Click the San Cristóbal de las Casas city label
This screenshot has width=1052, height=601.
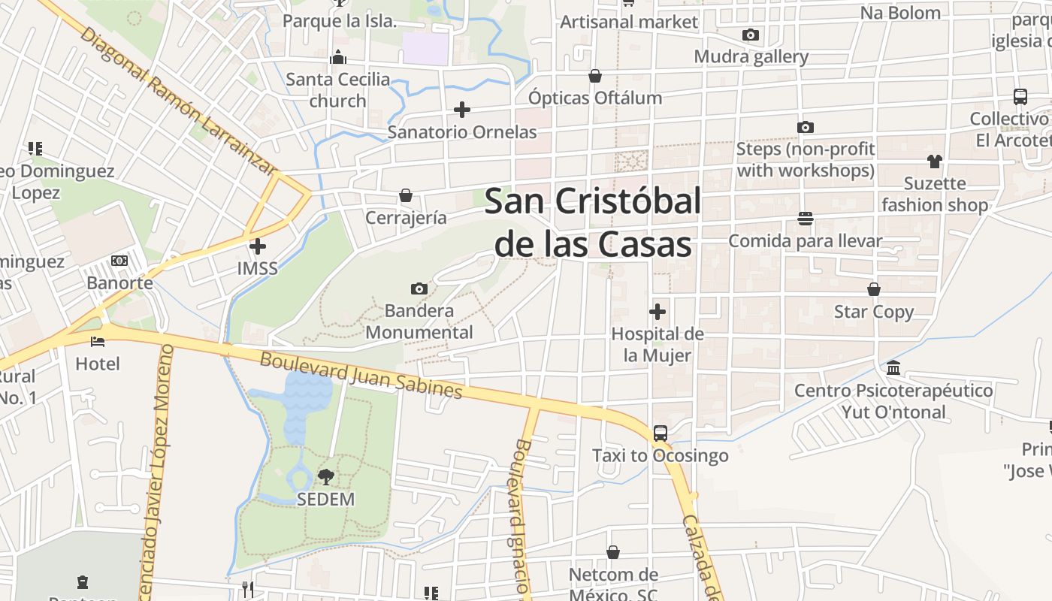(593, 222)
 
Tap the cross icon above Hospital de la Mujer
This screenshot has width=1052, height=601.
(657, 311)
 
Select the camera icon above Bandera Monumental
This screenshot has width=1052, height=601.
(419, 288)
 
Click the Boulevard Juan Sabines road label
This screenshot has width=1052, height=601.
(361, 375)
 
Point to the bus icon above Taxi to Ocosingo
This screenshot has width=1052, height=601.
(661, 433)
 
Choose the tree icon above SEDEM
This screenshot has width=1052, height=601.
(325, 476)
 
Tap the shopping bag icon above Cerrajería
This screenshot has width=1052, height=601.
(406, 195)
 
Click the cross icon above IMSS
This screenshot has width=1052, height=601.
(258, 246)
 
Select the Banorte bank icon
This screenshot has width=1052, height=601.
(119, 261)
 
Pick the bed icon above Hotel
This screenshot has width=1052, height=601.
(98, 341)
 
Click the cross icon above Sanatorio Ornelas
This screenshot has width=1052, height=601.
(462, 110)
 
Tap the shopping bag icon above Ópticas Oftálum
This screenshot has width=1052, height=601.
(595, 76)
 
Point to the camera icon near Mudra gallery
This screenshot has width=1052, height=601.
(750, 35)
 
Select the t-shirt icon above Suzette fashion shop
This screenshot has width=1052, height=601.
(934, 161)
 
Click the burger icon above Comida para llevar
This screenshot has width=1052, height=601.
(806, 219)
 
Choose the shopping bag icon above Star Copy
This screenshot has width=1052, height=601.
(874, 289)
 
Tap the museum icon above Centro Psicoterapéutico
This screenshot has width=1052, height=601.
(894, 368)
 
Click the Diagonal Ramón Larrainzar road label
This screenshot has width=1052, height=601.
(177, 101)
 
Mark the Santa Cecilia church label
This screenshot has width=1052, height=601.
(338, 89)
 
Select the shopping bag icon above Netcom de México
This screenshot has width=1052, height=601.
(613, 553)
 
